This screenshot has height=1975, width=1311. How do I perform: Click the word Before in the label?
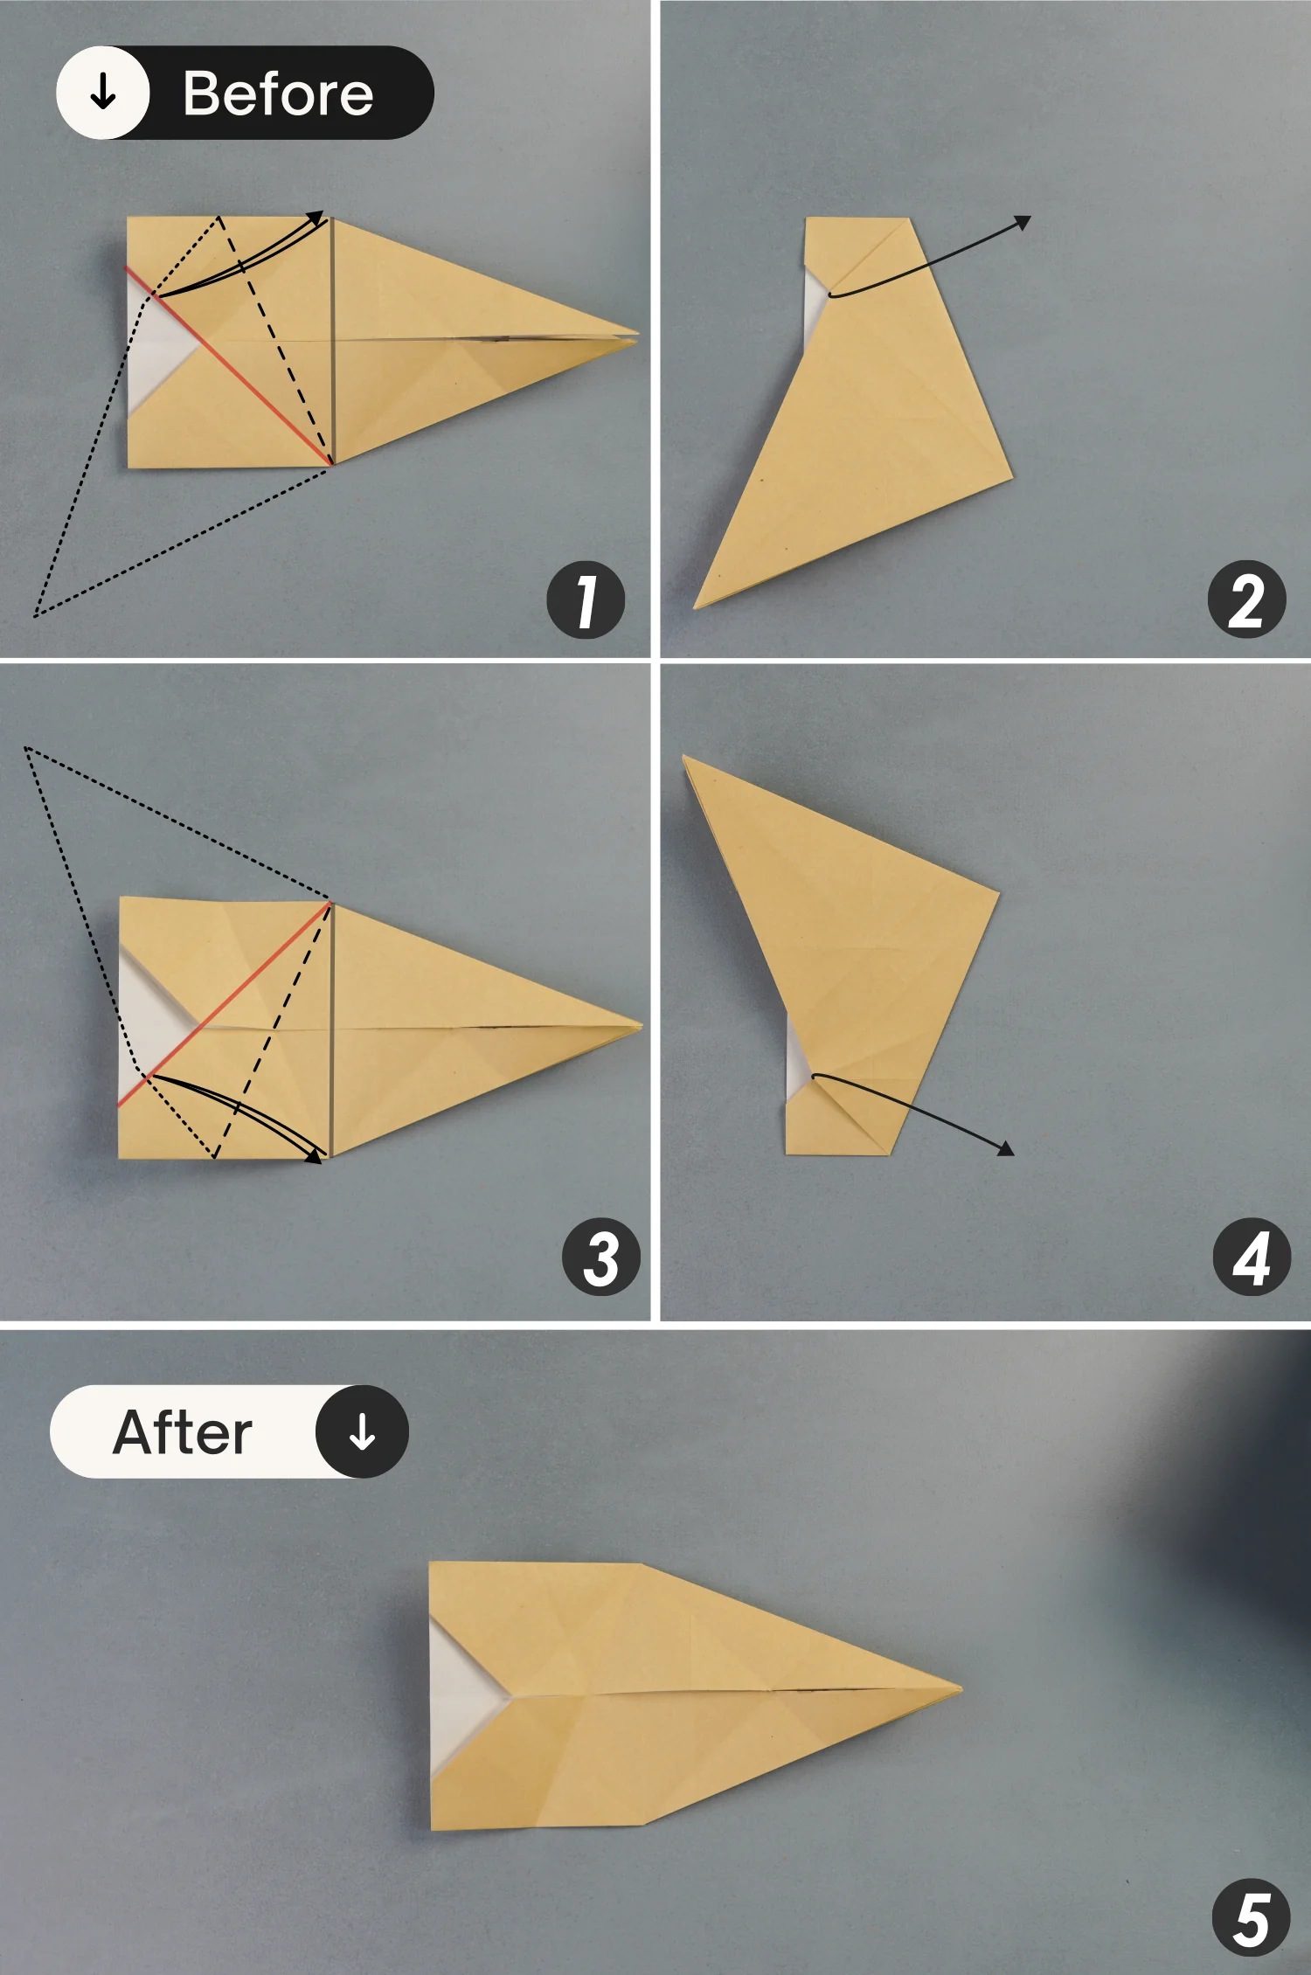tap(278, 94)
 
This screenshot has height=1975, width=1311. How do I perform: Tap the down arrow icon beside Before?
tap(103, 92)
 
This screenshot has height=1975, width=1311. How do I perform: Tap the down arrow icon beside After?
tap(362, 1431)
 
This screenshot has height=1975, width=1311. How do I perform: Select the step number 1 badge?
tap(586, 599)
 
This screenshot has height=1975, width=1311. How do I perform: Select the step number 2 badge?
tap(1246, 599)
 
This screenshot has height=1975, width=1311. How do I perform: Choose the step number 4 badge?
tap(1252, 1257)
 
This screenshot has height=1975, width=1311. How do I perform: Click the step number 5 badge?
tap(1252, 1917)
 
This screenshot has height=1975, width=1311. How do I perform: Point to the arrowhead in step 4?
tap(1006, 1148)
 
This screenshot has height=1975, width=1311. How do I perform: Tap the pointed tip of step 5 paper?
tap(961, 1689)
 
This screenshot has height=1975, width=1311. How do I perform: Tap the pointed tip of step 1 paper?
tap(639, 336)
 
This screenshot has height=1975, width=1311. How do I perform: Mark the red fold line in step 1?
tap(229, 365)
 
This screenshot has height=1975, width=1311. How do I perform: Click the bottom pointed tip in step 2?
tap(696, 606)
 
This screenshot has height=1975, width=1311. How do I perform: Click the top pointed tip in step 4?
tap(684, 757)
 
